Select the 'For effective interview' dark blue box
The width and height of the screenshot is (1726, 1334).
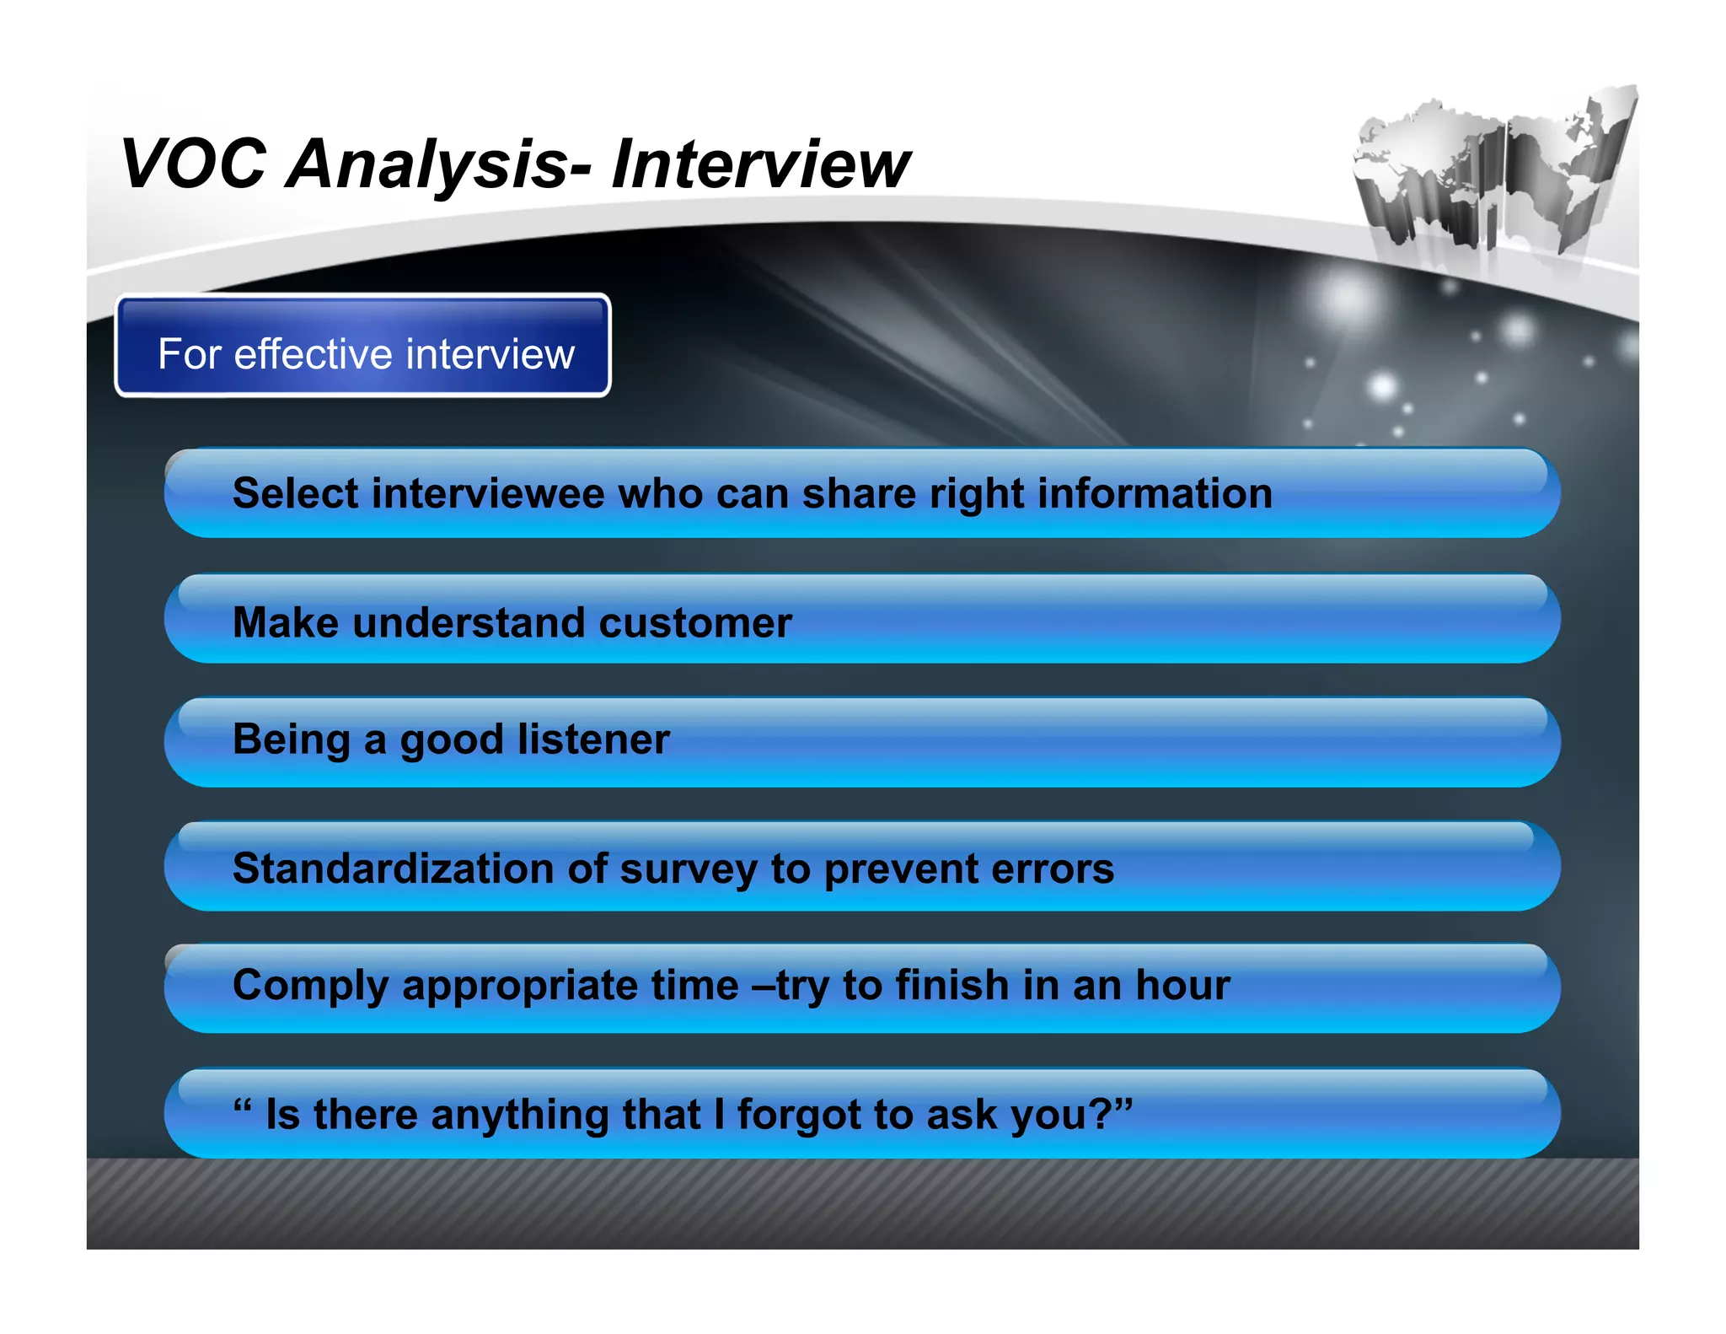point(362,346)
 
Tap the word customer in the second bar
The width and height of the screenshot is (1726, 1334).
point(694,623)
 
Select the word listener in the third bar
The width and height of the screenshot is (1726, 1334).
point(593,740)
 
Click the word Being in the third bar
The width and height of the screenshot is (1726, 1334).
point(291,740)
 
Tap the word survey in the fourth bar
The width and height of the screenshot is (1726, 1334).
point(689,869)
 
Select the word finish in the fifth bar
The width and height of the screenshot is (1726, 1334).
point(951,985)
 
